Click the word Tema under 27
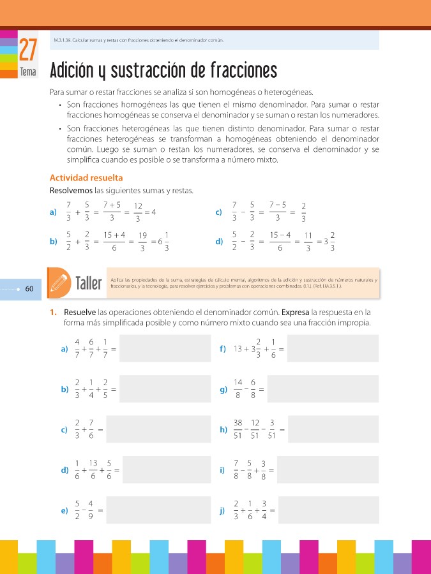(28, 72)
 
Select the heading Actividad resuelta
(86, 178)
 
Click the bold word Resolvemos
(71, 190)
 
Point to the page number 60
(29, 289)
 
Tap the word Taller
(89, 283)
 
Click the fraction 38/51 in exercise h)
(238, 430)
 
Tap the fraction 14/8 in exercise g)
(238, 389)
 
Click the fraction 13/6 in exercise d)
(93, 471)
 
